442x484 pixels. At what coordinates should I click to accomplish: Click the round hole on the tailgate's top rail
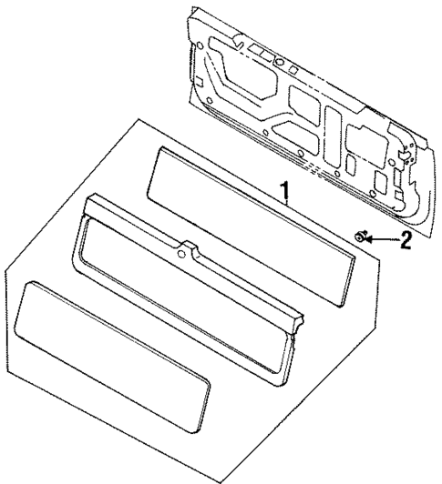tap(281, 64)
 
